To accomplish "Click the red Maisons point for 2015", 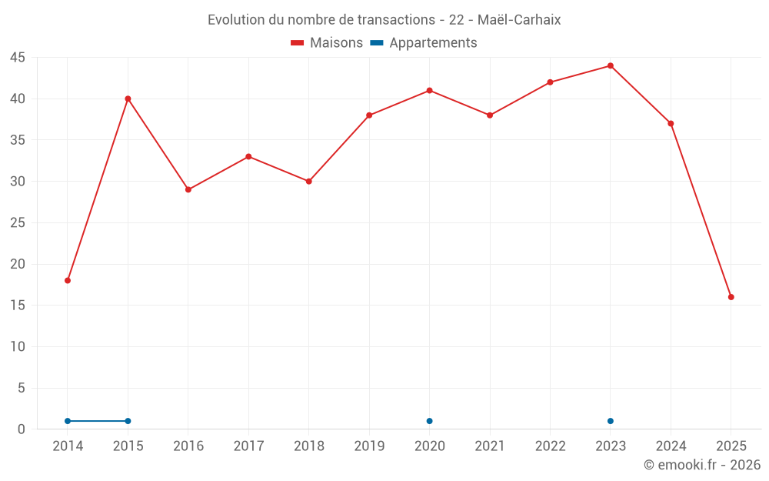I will coord(128,99).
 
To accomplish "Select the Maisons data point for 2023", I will coord(611,65).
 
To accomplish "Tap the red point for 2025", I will coord(731,297).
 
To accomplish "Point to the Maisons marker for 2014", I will coord(68,280).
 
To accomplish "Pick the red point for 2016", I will coord(188,189).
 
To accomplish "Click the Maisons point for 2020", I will coord(429,90).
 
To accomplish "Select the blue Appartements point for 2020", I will coord(429,421).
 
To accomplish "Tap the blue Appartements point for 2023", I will coord(611,421).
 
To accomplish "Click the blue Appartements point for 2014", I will coord(68,421).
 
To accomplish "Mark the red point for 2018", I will coord(308,182).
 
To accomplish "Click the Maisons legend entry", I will coord(327,43).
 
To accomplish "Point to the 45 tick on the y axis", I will coord(18,58).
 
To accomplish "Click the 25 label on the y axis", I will coord(18,223).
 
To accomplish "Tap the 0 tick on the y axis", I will coord(22,429).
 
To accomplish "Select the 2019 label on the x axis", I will coord(369,446).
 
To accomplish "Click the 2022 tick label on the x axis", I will coord(550,446).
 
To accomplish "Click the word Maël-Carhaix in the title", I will coord(521,20).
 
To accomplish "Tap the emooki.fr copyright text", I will coord(702,465).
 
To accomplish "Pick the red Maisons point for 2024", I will coord(671,123).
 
